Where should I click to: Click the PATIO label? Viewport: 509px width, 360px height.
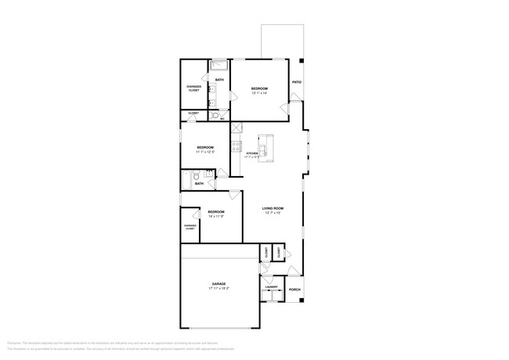point(297,82)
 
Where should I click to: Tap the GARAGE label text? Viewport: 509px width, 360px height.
point(218,283)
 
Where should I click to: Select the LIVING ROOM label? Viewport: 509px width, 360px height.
point(273,208)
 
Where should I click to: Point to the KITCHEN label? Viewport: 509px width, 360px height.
point(251,153)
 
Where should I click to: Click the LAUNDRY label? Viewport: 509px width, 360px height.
point(272,287)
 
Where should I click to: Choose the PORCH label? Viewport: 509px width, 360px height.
point(294,290)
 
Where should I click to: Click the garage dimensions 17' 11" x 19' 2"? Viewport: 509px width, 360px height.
point(218,289)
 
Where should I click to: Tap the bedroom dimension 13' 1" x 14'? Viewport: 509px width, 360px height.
point(259,93)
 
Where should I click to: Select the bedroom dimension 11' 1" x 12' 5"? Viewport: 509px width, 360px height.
point(205,152)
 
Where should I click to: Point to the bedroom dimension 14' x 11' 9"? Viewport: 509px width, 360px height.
point(216,217)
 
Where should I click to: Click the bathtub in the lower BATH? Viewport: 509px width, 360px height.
point(186,181)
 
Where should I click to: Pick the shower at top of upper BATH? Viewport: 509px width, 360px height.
point(218,65)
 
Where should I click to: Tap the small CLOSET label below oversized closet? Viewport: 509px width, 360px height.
point(193,114)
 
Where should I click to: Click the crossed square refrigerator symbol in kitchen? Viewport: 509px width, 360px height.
point(235,128)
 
